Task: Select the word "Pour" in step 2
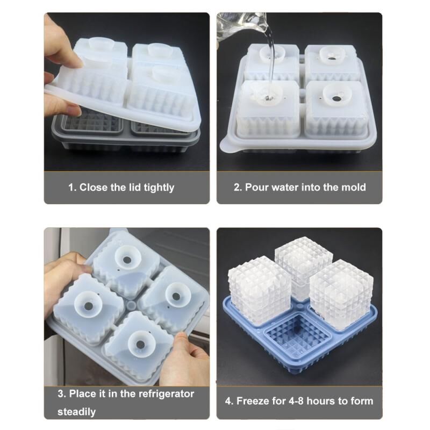pos(257,187)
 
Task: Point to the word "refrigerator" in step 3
pos(166,394)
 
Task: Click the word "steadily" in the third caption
pos(76,412)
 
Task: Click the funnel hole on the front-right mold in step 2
pos(335,98)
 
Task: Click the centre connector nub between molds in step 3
pos(132,305)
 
